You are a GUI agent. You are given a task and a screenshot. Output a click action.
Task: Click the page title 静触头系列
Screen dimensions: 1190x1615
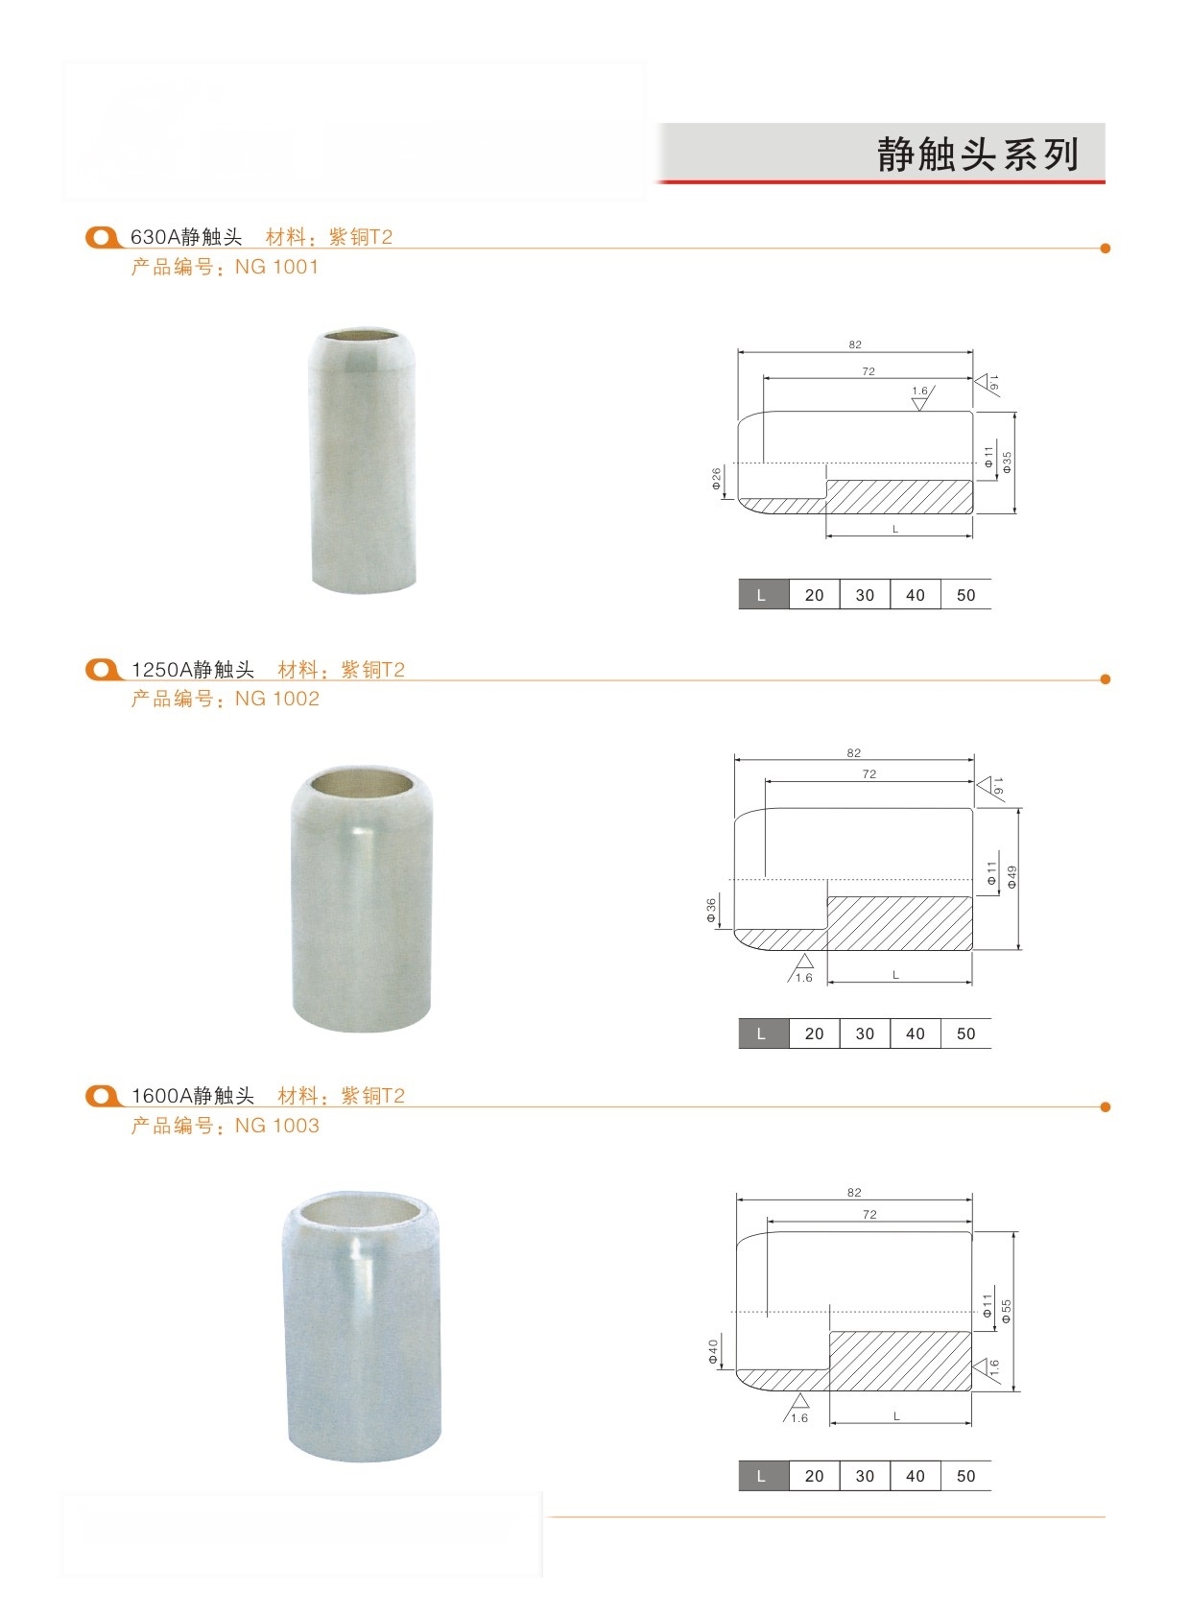[977, 154]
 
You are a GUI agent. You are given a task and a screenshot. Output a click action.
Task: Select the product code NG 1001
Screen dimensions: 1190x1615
[277, 267]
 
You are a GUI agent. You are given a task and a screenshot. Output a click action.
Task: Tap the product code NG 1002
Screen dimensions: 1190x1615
[277, 699]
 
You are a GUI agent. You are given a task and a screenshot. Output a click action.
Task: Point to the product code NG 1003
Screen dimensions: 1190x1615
[277, 1126]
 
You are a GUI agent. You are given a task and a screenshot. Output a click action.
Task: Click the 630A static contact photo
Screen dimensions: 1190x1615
[363, 462]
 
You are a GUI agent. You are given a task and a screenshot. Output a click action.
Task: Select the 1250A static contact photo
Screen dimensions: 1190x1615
[362, 898]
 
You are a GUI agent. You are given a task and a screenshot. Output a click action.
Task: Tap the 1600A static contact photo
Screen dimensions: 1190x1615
[361, 1326]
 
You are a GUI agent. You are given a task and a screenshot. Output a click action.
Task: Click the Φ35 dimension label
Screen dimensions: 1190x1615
[1007, 463]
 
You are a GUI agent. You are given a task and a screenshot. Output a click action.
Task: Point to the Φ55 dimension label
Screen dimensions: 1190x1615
[1006, 1311]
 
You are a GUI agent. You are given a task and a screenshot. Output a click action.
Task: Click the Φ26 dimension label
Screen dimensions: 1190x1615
[716, 479]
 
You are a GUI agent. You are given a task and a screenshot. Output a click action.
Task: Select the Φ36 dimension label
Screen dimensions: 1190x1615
[712, 910]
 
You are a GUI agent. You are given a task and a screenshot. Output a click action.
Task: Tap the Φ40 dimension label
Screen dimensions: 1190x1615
[713, 1351]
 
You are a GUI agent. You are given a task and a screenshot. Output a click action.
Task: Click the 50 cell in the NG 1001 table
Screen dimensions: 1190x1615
[965, 595]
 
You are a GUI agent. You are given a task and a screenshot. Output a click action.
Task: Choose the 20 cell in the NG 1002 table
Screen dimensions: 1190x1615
[814, 1033]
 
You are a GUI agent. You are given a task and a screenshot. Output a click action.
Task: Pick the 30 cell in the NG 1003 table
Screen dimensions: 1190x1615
[865, 1476]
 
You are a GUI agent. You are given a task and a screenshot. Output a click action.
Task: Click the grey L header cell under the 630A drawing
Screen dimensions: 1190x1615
[764, 595]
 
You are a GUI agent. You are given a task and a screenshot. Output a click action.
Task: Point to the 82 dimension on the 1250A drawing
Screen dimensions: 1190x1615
[854, 752]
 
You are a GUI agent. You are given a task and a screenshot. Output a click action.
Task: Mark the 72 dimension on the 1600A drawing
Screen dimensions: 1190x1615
[869, 1215]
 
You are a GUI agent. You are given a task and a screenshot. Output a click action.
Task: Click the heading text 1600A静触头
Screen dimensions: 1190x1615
[193, 1096]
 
